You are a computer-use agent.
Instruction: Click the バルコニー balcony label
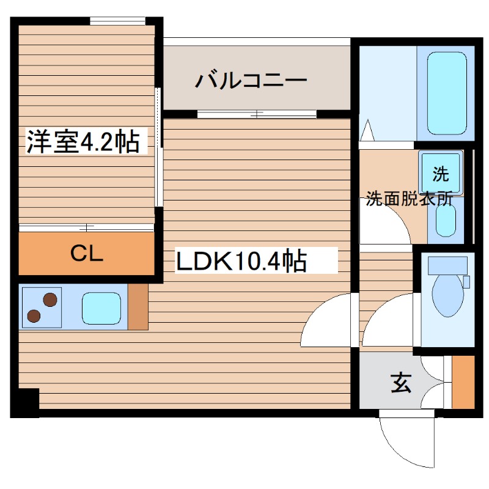tap(251, 81)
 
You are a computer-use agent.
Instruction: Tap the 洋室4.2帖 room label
tap(82, 142)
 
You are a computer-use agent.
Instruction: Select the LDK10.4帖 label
tap(241, 262)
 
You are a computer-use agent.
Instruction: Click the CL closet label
tap(86, 254)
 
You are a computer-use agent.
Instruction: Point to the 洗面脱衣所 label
tap(409, 199)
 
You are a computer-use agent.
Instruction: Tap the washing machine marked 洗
tap(439, 174)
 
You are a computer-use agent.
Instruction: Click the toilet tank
tap(447, 265)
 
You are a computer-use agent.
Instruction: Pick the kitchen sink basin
tap(102, 307)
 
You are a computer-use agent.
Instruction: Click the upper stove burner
tap(50, 300)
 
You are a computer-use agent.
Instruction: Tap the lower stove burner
tap(34, 315)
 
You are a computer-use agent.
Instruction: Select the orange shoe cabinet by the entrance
tap(463, 382)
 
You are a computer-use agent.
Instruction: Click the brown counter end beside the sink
tap(138, 307)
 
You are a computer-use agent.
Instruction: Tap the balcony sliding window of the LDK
tap(257, 114)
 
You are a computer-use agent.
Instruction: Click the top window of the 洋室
tap(118, 21)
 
